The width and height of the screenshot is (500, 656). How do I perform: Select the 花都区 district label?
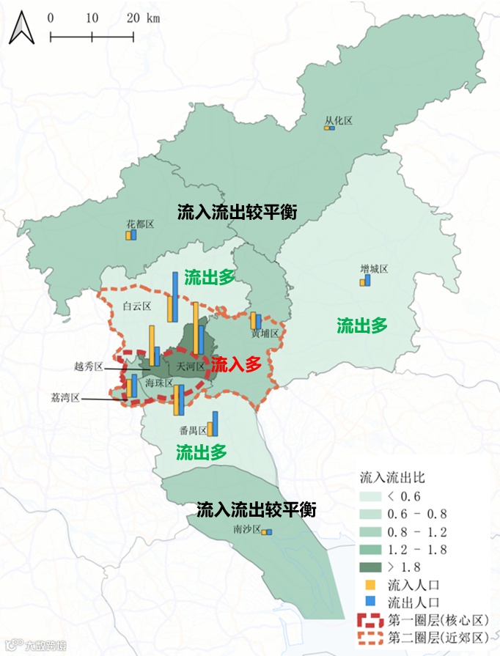(139, 224)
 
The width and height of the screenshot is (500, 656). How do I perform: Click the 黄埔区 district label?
(266, 333)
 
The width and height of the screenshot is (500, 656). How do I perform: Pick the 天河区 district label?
(185, 366)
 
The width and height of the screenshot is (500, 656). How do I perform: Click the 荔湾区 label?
(65, 398)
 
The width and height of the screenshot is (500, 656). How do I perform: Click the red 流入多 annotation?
(236, 364)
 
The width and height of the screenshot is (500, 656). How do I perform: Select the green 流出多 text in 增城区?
(362, 326)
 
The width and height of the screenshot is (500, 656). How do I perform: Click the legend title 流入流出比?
(392, 476)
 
